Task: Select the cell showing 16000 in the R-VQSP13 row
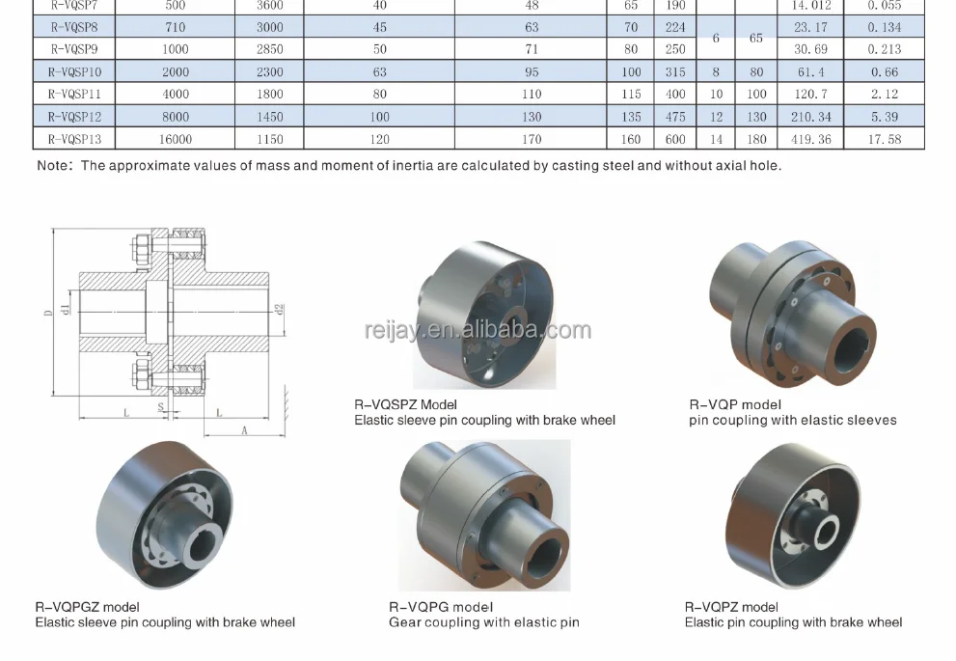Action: coord(176,139)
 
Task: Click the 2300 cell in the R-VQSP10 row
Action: coord(270,71)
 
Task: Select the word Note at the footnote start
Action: coord(53,165)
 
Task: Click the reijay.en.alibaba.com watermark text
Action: coord(478,331)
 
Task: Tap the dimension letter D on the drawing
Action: coord(47,315)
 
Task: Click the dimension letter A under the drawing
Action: coord(245,430)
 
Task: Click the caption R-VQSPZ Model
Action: coord(405,405)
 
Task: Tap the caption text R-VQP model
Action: coord(735,405)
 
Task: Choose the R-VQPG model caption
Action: coord(441,607)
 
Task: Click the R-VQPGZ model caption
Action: coord(87,607)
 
